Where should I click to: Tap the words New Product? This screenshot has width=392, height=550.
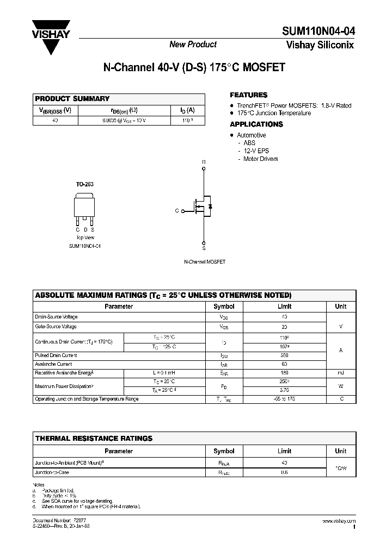(193, 45)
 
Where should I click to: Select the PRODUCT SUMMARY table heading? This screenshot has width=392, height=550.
(72, 99)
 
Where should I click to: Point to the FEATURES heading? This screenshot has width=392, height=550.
(249, 95)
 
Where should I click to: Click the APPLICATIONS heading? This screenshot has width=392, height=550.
(256, 124)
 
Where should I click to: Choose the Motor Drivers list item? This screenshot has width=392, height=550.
(261, 159)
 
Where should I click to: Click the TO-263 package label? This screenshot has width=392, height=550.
(84, 185)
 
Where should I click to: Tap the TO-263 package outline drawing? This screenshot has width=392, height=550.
(84, 209)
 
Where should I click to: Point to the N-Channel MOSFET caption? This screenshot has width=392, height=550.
(204, 262)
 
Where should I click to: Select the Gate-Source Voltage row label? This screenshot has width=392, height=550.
(56, 327)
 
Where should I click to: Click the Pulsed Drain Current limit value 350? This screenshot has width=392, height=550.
(285, 355)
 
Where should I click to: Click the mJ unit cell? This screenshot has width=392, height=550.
(341, 373)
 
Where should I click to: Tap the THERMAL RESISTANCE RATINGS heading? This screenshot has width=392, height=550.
(94, 438)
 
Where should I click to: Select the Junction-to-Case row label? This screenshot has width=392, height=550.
(53, 472)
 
